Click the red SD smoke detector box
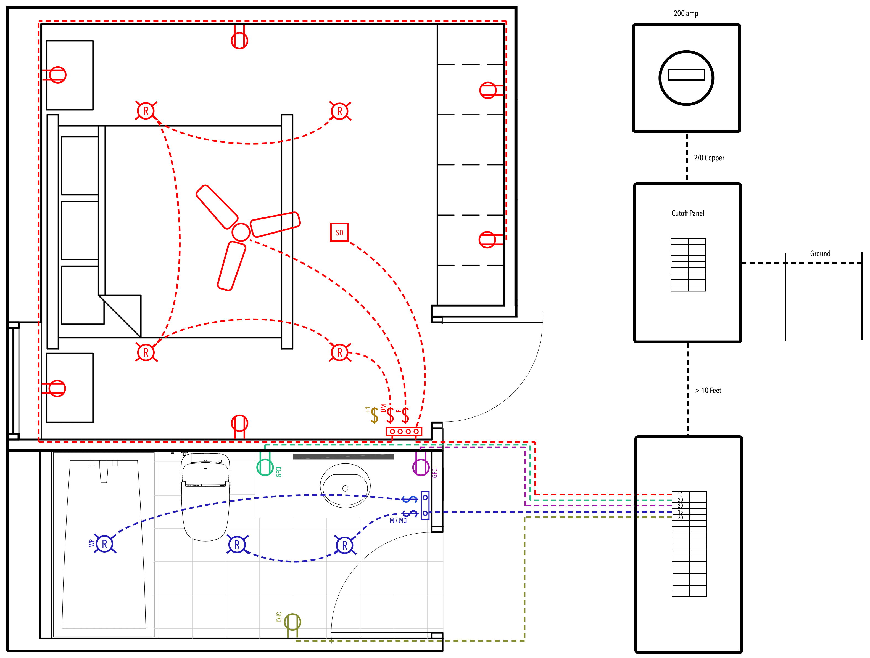tap(339, 232)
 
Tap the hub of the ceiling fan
tap(241, 232)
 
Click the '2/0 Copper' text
tap(709, 158)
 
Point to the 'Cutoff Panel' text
tap(687, 213)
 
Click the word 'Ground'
tap(820, 254)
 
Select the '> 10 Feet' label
tap(708, 390)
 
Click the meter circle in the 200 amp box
tap(686, 78)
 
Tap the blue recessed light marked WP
tap(105, 544)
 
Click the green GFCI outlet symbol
tap(265, 467)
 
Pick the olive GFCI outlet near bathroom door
tap(292, 622)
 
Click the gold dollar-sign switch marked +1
tap(374, 415)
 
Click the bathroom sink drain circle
tap(345, 488)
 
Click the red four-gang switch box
tap(404, 431)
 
